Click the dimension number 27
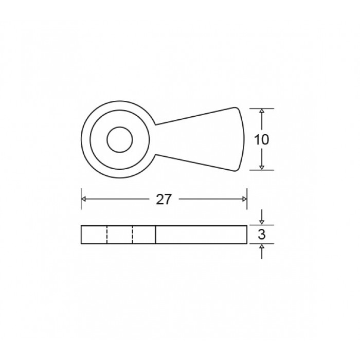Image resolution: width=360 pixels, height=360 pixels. pos(164,200)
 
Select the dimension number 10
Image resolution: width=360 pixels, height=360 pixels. pos(262,139)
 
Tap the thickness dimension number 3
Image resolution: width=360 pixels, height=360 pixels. pos(262,235)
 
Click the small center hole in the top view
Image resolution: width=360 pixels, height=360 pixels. pos(119,139)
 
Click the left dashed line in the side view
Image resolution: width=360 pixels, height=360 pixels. pos(107,235)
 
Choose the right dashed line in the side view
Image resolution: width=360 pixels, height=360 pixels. pos(132,235)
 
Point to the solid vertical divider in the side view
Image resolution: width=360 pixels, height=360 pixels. pos(156,235)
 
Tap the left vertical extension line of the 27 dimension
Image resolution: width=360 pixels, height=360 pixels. pos(81,198)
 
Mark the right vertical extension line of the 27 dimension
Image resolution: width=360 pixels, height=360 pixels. pos(247,198)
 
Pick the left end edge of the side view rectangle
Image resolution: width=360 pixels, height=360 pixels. pos(81,235)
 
